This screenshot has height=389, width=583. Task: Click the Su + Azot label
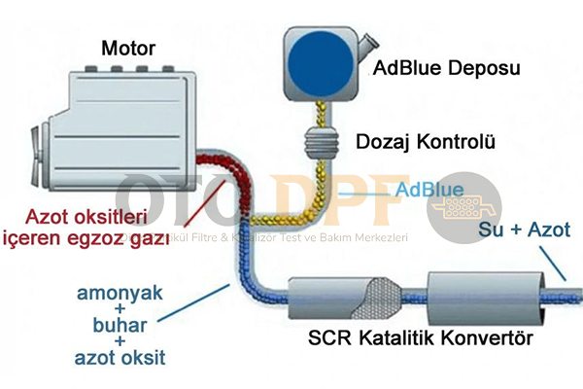[525, 230]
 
